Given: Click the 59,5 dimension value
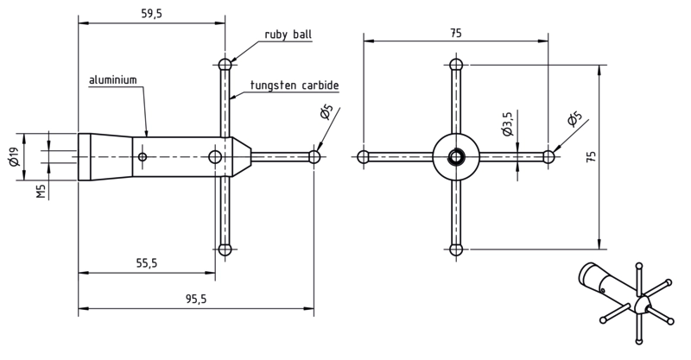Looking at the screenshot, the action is tap(152, 14).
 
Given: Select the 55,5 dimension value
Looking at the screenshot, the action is tap(146, 263).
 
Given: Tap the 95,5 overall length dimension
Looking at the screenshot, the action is tap(196, 300).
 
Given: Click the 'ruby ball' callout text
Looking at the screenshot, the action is tap(288, 35).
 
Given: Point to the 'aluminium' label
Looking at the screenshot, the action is tap(113, 80).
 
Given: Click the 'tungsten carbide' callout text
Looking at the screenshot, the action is tap(295, 85).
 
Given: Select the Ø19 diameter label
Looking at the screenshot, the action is tap(14, 157).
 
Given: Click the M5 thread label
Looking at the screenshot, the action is tap(41, 192).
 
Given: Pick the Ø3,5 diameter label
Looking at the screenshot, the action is tap(507, 123).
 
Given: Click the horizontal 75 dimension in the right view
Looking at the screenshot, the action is tap(456, 33).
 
